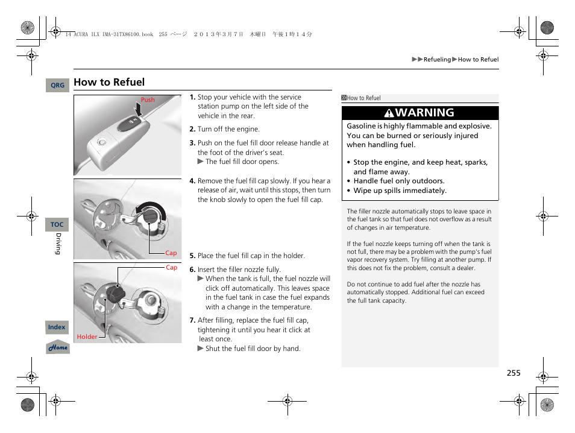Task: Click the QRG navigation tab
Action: (x=57, y=86)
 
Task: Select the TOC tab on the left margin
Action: (x=57, y=224)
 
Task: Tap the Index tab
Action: (x=57, y=327)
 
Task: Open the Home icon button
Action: (x=58, y=347)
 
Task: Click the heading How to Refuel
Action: (x=109, y=82)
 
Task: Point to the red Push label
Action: (x=148, y=100)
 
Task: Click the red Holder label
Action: (x=87, y=337)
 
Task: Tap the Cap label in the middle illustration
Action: (x=171, y=253)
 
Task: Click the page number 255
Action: (x=513, y=373)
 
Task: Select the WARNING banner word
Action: (x=425, y=113)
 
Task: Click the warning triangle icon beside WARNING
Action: (x=391, y=113)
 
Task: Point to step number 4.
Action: (x=192, y=181)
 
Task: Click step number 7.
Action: (x=192, y=320)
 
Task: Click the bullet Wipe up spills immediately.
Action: (x=400, y=191)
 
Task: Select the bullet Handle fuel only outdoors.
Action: (x=398, y=181)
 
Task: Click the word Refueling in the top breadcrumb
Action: (x=437, y=60)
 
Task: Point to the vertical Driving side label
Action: (x=59, y=244)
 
